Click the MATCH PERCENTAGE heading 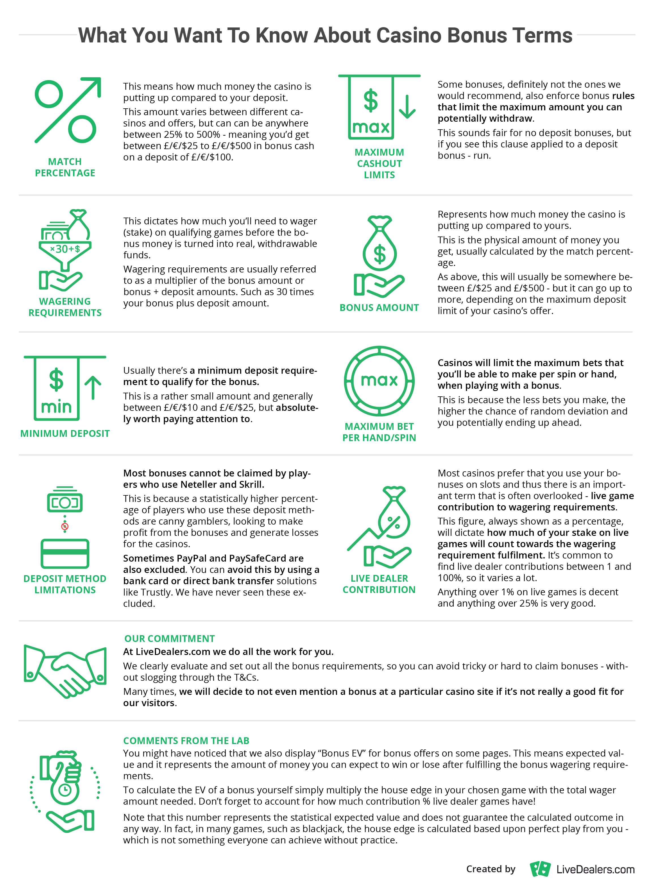[65, 167]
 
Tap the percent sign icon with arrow [68, 110]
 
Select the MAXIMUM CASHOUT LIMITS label [379, 163]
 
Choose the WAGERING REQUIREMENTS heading [65, 307]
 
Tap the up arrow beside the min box [93, 387]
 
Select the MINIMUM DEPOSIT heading [65, 433]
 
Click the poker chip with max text [379, 381]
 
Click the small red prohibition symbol [65, 527]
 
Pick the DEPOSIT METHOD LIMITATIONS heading [65, 584]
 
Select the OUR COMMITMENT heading [169, 639]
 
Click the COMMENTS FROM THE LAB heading [186, 740]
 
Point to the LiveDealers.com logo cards [540, 869]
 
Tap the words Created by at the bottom [490, 869]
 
